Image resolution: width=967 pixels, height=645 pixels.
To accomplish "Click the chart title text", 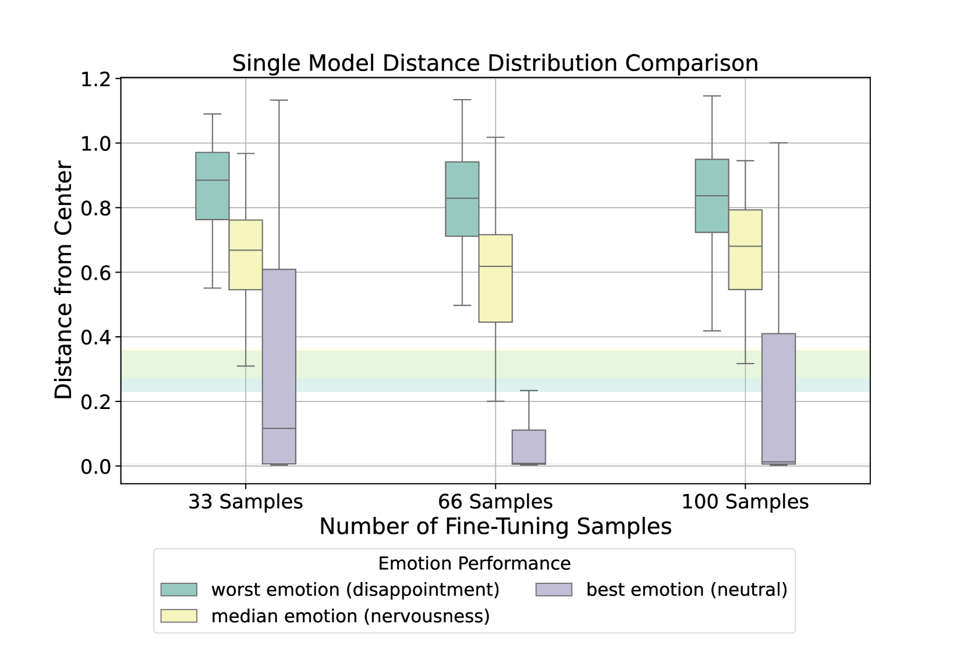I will click(x=495, y=63).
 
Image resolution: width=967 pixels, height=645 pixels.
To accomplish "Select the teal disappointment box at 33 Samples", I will click(x=212, y=186).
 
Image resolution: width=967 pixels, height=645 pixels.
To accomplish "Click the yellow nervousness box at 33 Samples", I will click(x=246, y=255).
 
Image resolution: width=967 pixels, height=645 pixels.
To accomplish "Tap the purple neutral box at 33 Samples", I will click(x=279, y=366).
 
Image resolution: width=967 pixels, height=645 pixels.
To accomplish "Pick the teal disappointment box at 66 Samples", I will click(x=462, y=199).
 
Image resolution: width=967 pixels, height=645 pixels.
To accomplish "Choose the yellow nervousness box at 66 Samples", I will click(x=495, y=278).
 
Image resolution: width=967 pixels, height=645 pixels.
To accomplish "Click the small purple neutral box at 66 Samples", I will click(x=529, y=447).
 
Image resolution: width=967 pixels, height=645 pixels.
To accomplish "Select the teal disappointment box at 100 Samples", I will click(x=712, y=196).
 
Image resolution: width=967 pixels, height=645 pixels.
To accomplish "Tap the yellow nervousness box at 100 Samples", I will click(x=745, y=249).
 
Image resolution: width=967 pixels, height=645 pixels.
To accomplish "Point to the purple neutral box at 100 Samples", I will click(x=778, y=399).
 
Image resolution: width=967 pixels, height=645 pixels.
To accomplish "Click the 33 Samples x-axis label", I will click(x=246, y=502).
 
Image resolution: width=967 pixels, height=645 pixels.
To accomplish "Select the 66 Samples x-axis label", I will click(x=495, y=502).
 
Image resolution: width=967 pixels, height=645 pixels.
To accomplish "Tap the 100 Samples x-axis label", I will click(x=745, y=502).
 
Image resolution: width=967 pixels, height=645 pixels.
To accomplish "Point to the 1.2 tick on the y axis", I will click(x=96, y=79).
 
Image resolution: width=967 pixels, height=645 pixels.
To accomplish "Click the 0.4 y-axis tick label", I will click(x=96, y=337).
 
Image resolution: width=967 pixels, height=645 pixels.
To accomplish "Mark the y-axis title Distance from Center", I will click(x=63, y=280).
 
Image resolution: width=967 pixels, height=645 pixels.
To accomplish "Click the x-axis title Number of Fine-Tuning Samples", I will click(x=495, y=527).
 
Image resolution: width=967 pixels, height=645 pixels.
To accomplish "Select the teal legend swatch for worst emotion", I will click(x=179, y=590).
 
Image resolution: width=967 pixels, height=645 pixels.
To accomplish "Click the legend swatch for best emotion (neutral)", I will click(x=554, y=590).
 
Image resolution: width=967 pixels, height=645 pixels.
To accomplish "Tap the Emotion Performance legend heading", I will click(x=474, y=563).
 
